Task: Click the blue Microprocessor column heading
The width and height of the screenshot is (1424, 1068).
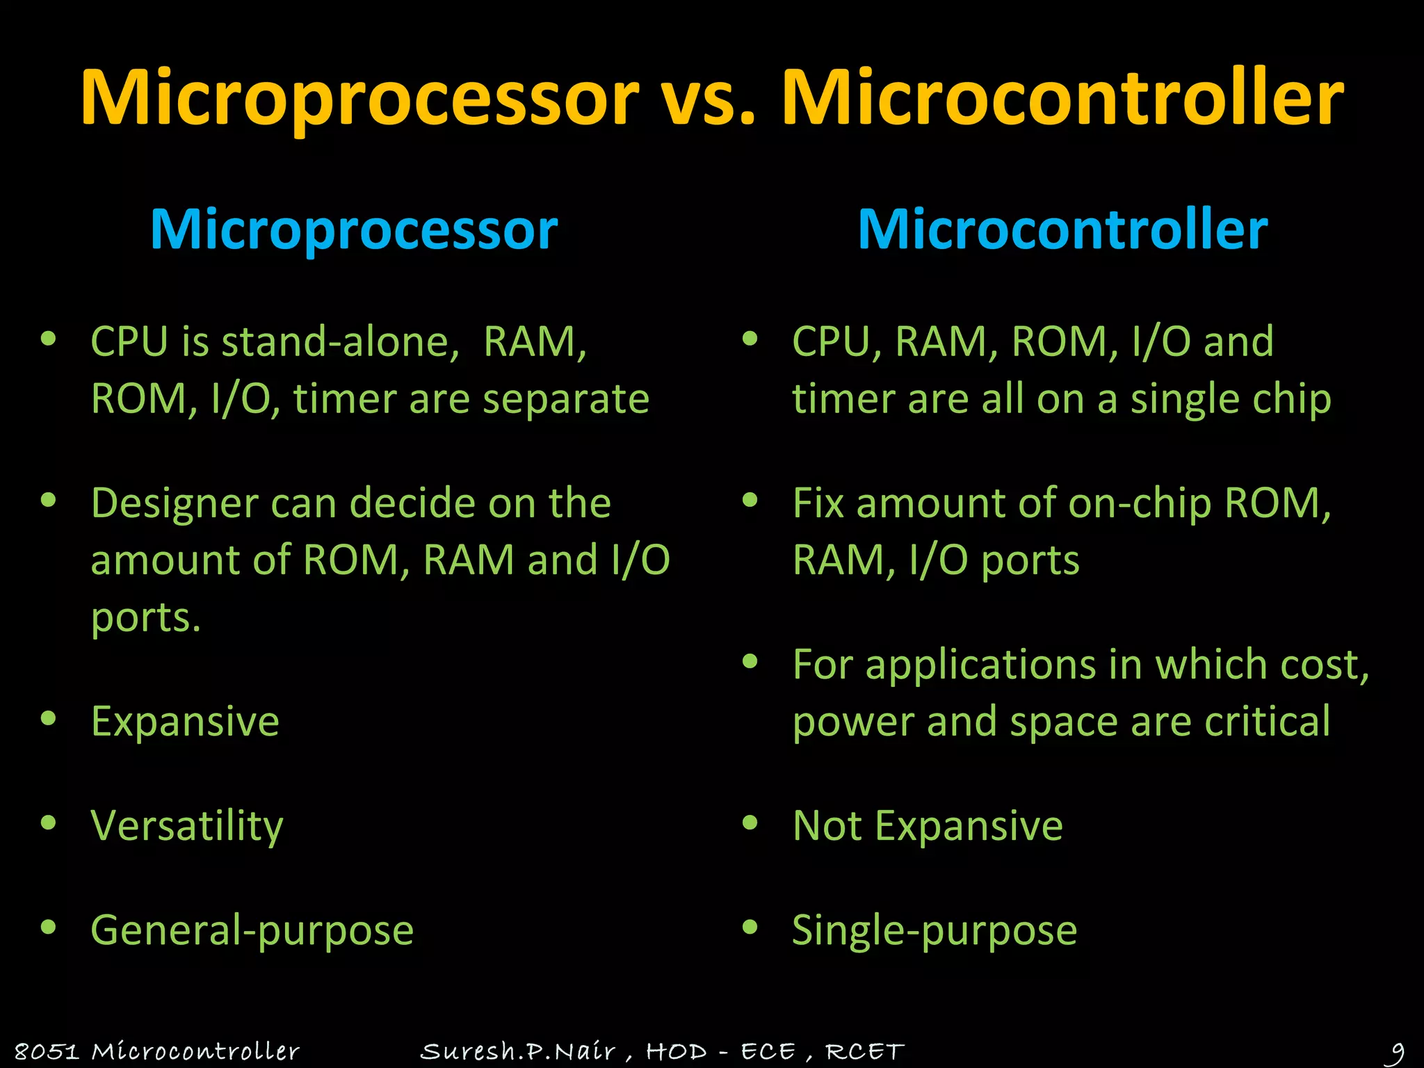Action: tap(354, 229)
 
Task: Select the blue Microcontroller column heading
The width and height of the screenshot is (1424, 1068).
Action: tap(1062, 229)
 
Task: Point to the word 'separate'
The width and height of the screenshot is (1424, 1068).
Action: tap(565, 400)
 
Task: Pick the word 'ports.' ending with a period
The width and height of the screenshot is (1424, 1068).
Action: tap(146, 617)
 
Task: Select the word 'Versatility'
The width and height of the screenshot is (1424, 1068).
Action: tap(187, 826)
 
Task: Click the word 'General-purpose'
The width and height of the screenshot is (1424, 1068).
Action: tap(252, 930)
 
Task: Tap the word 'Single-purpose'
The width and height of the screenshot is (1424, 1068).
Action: tap(934, 930)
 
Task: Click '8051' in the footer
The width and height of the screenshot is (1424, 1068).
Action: tap(47, 1051)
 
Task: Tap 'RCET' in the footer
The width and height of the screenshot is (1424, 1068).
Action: tap(865, 1051)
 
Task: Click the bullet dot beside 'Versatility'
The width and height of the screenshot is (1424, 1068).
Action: tap(48, 823)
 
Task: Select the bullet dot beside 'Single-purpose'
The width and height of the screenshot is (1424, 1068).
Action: tap(750, 927)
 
